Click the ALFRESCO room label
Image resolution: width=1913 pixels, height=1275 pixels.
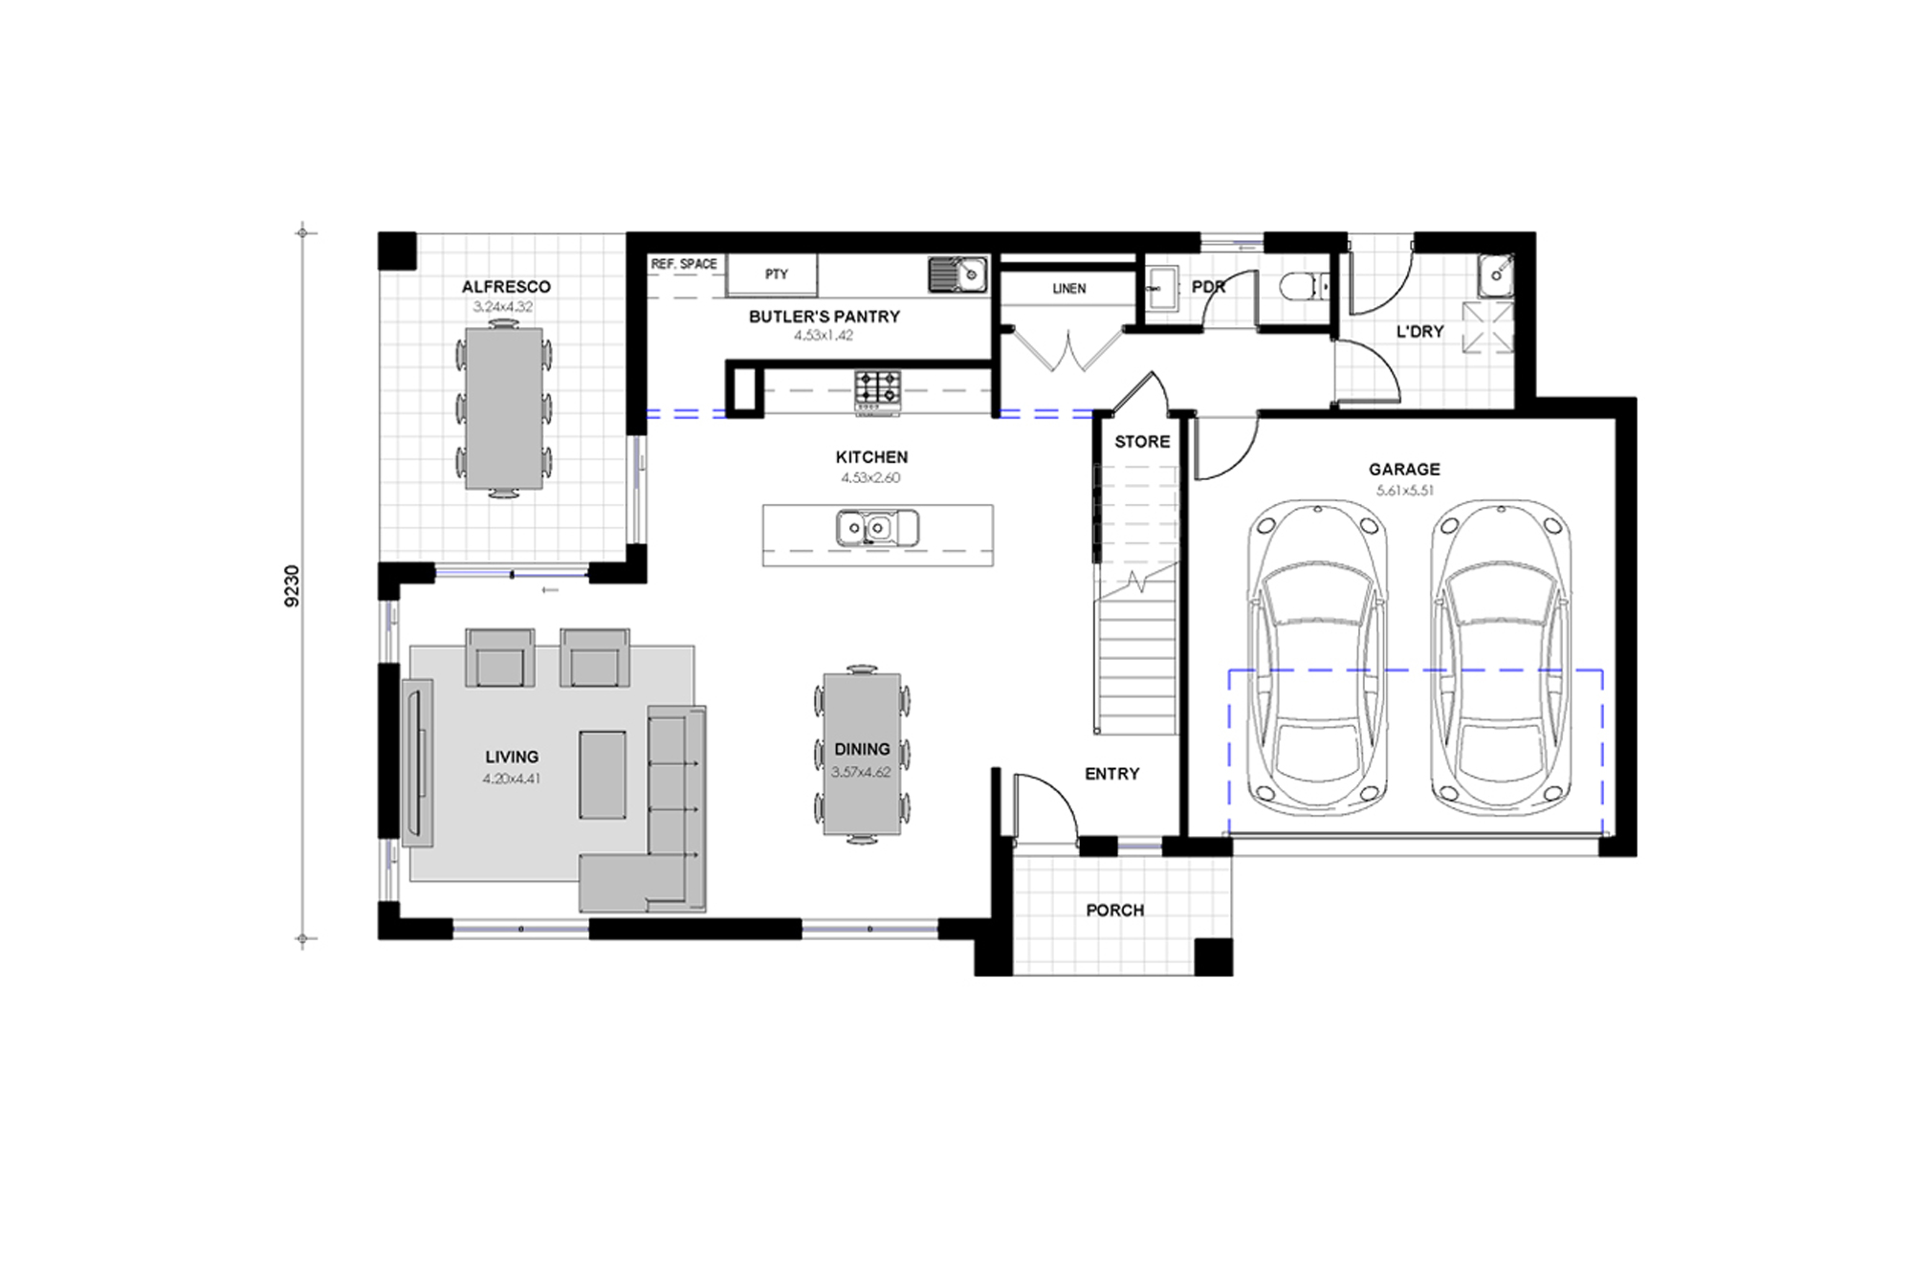point(506,287)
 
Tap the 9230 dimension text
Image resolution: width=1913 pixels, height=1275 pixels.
point(293,586)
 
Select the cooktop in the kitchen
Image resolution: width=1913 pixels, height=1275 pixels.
point(878,390)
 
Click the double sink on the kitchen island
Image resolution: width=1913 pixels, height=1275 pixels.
point(877,528)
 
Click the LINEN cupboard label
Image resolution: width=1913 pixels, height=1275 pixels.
point(1068,288)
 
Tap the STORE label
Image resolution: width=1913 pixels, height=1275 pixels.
point(1142,442)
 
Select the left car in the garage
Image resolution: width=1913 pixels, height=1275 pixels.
point(1317,658)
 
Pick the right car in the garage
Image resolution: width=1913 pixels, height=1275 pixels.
point(1501,658)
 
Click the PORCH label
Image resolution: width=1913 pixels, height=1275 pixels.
point(1114,911)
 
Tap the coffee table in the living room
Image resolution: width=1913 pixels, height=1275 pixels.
point(603,775)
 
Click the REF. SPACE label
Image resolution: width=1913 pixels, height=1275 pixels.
point(684,264)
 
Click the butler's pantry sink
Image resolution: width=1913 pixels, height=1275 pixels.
point(958,275)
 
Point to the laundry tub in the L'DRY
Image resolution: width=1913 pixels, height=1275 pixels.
point(1493,275)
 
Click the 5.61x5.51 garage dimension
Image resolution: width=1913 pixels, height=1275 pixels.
point(1404,491)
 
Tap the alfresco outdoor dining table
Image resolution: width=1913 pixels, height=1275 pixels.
point(504,408)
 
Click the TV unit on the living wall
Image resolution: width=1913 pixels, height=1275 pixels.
point(418,762)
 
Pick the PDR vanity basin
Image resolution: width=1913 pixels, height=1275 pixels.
point(1163,286)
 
